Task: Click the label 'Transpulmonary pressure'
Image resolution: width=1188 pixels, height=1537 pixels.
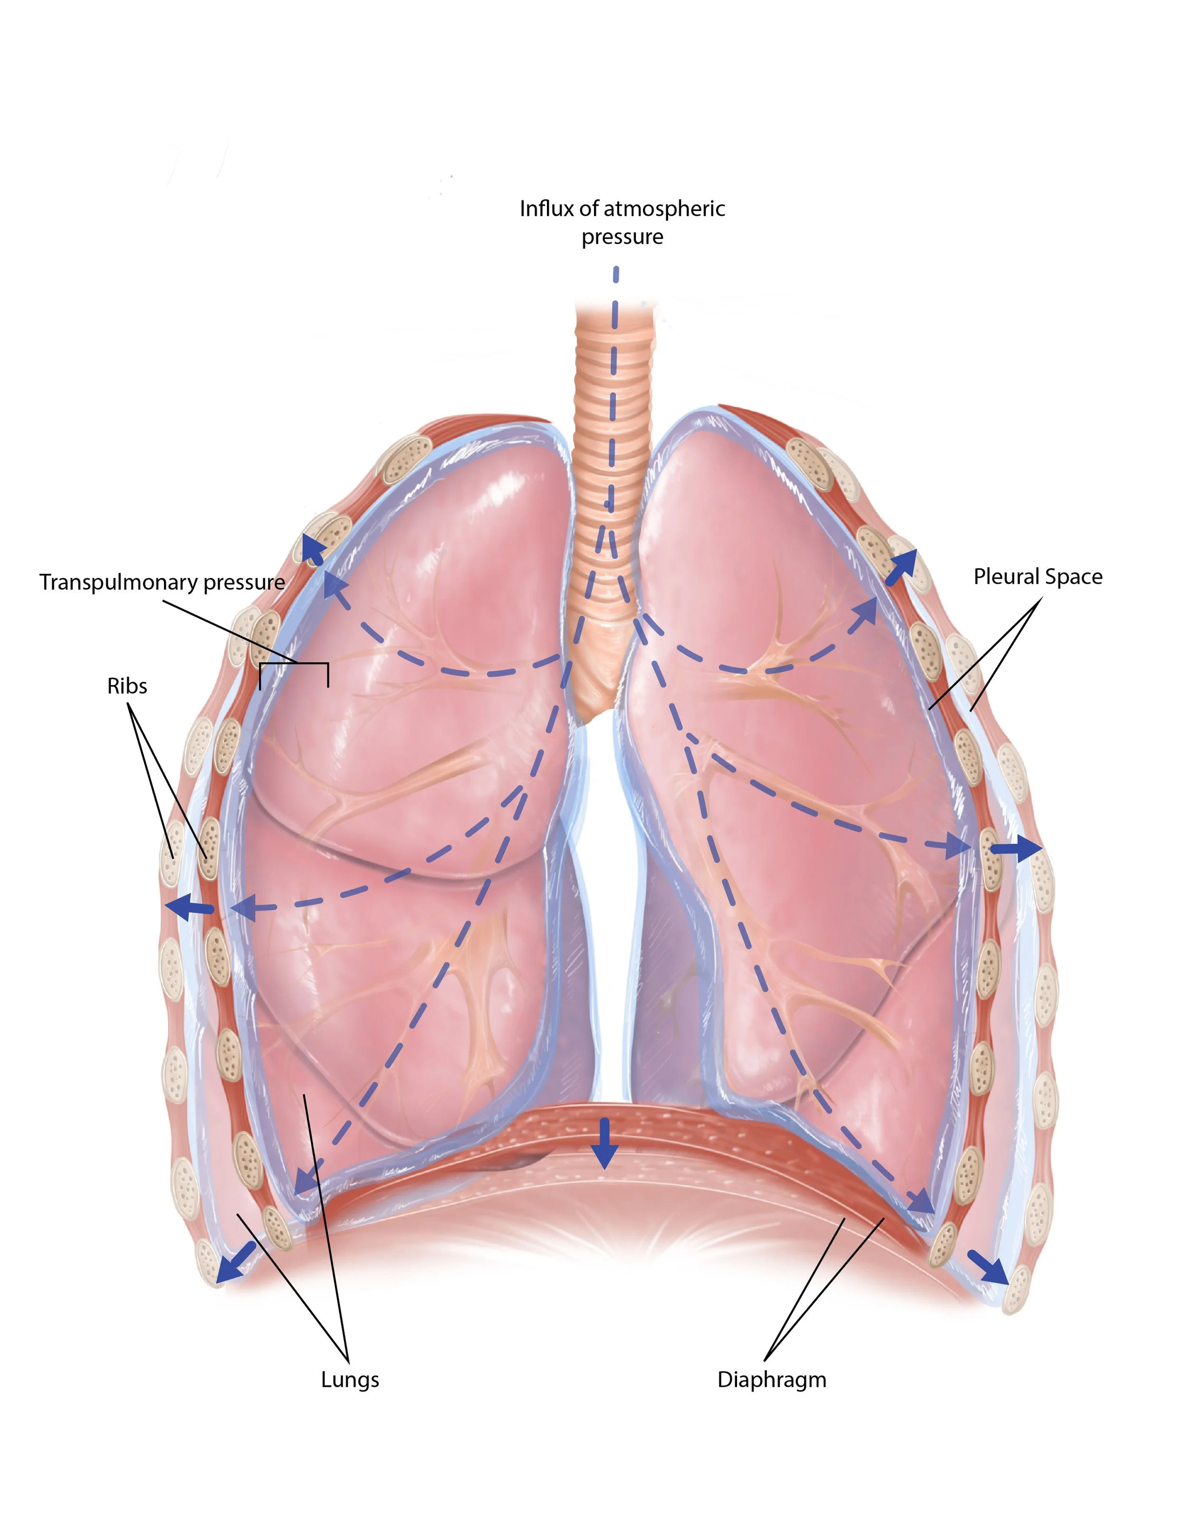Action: pyautogui.click(x=162, y=582)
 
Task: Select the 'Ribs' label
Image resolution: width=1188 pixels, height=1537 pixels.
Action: pyautogui.click(x=127, y=686)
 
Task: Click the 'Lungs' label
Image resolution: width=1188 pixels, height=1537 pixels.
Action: pyautogui.click(x=350, y=1379)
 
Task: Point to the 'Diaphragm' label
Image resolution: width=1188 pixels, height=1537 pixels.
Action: pyautogui.click(x=771, y=1379)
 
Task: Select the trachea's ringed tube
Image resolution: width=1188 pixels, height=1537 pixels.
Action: pyautogui.click(x=611, y=436)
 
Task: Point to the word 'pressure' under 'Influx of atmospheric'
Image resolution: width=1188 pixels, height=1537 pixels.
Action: pyautogui.click(x=622, y=237)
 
